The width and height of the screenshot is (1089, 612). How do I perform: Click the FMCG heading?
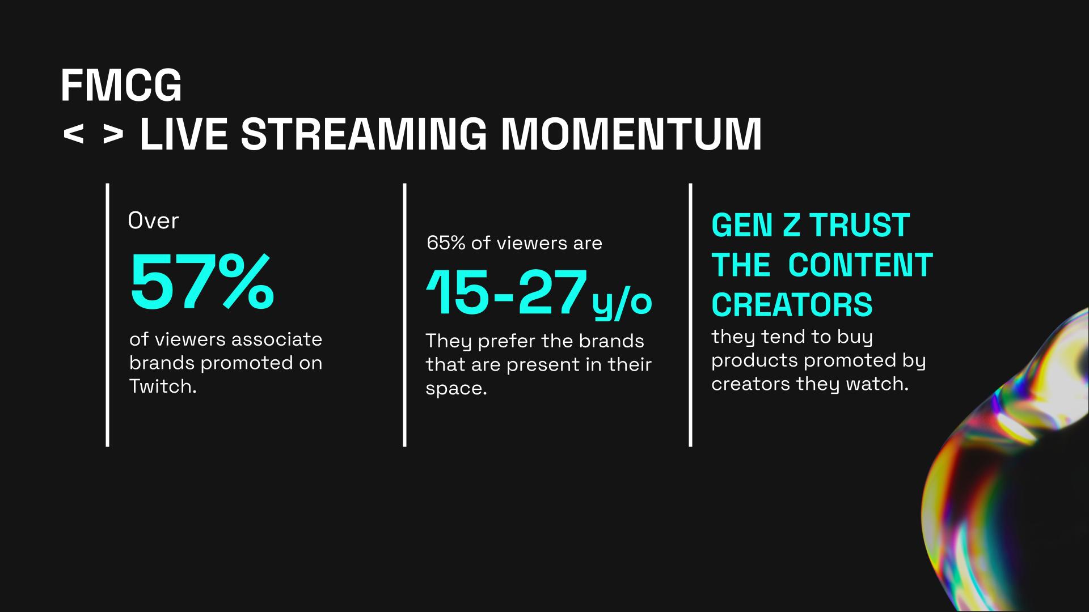tap(121, 86)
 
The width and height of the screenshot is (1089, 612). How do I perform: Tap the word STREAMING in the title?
tap(364, 135)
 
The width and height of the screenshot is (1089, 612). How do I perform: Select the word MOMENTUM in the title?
tap(632, 135)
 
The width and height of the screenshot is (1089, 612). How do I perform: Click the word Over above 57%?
tap(153, 220)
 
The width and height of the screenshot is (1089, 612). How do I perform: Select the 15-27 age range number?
tap(506, 293)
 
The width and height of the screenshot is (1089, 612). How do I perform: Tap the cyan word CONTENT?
tap(860, 265)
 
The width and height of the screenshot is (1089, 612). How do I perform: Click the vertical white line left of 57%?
tap(108, 314)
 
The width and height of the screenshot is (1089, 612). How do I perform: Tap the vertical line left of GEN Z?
tap(690, 314)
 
